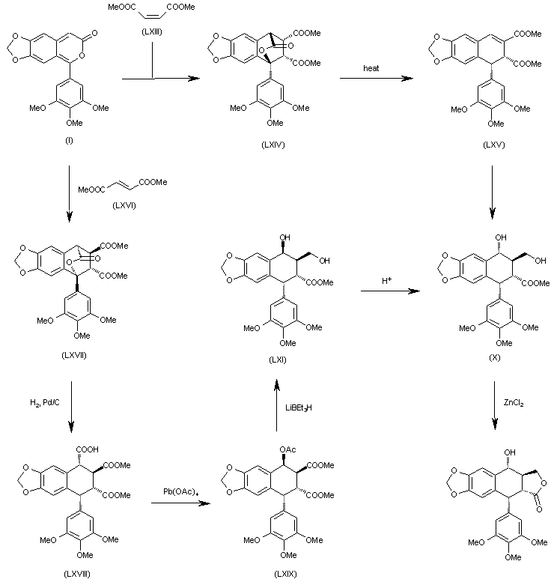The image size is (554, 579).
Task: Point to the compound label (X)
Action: point(494,358)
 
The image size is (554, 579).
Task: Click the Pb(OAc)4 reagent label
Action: point(180,492)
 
